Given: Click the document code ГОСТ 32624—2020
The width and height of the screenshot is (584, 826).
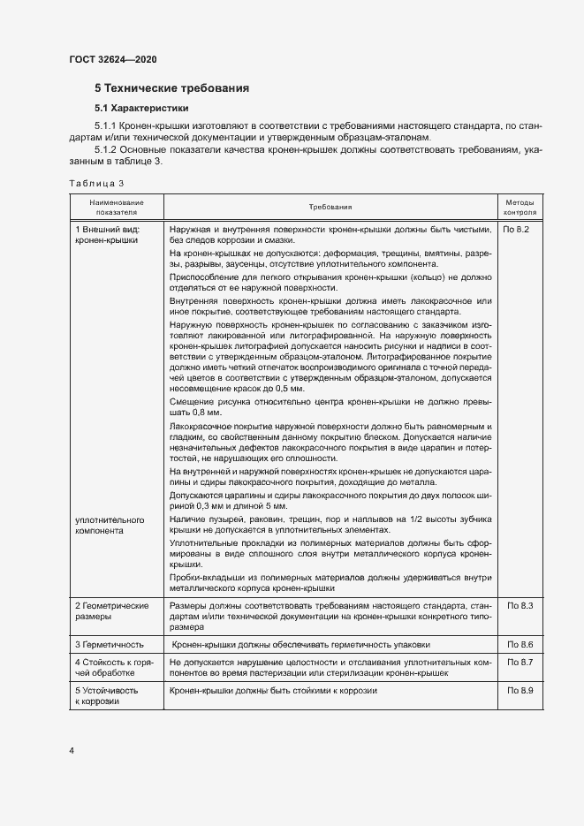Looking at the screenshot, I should pyautogui.click(x=112, y=59).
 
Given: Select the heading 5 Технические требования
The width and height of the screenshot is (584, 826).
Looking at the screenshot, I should pyautogui.click(x=171, y=88).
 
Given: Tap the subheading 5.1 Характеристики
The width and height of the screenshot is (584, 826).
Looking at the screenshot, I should pyautogui.click(x=141, y=108).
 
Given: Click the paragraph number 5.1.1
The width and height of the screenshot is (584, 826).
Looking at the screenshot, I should pyautogui.click(x=107, y=127).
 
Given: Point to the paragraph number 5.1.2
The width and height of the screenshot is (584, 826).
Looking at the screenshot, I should pyautogui.click(x=107, y=151).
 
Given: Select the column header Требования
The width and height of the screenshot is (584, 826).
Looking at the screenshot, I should pyautogui.click(x=330, y=207).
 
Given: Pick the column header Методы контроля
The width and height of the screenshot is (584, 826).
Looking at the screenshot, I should pyautogui.click(x=519, y=207).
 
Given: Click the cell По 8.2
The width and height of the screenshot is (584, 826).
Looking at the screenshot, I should pyautogui.click(x=516, y=229).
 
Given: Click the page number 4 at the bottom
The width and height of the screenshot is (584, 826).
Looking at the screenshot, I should pyautogui.click(x=71, y=751).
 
